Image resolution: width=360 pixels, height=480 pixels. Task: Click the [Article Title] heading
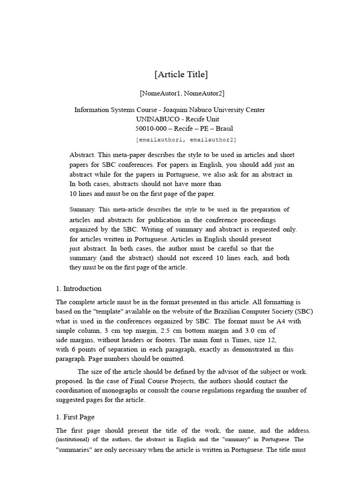181,75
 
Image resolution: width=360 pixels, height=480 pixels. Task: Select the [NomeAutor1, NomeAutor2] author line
178,93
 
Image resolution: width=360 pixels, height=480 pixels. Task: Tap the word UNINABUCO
156,119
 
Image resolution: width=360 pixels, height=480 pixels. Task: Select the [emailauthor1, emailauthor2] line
186,140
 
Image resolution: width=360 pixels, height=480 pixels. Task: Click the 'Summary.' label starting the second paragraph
82,210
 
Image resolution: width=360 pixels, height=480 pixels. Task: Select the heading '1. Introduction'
79,288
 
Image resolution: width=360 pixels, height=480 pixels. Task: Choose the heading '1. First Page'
75,417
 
